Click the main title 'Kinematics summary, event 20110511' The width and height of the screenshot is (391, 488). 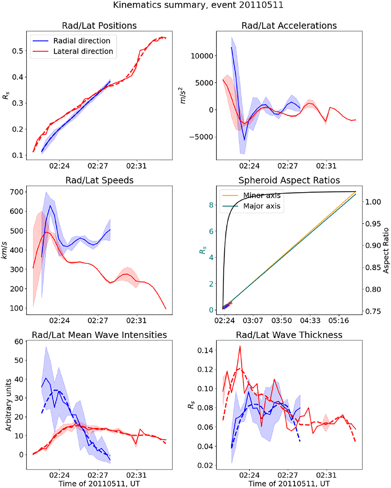pyautogui.click(x=198, y=5)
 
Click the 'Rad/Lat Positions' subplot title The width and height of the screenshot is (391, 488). pyautogui.click(x=99, y=26)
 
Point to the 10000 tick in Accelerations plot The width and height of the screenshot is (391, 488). pyautogui.click(x=202, y=56)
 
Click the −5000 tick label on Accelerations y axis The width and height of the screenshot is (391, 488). pyautogui.click(x=201, y=137)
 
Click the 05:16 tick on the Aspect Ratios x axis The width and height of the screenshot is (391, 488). pyautogui.click(x=339, y=321)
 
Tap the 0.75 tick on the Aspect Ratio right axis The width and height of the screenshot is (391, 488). pyautogui.click(x=373, y=311)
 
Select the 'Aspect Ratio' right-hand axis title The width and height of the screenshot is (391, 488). pyautogui.click(x=386, y=251)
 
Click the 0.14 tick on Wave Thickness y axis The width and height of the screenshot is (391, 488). pyautogui.click(x=205, y=350)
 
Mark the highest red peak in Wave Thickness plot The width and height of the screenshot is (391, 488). pyautogui.click(x=240, y=346)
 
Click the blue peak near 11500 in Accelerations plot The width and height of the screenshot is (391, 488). pyautogui.click(x=231, y=47)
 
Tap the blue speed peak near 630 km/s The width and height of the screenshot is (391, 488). pyautogui.click(x=50, y=206)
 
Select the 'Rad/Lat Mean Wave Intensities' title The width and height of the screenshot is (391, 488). pyautogui.click(x=99, y=335)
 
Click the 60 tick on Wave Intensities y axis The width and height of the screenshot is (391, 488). pyautogui.click(x=19, y=341)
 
